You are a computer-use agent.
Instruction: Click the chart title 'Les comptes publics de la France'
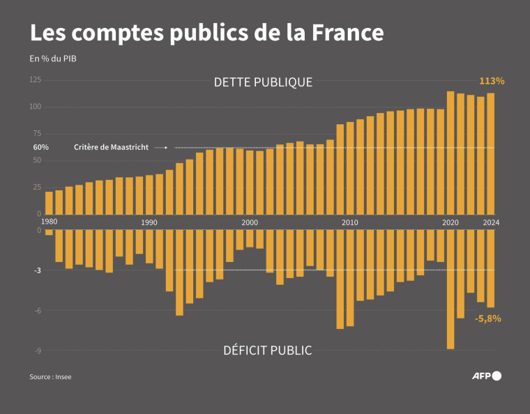pos(206,33)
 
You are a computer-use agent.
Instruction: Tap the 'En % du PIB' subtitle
pos(53,59)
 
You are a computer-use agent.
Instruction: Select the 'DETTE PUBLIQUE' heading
pos(263,82)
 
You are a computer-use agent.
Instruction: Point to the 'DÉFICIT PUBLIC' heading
pos(267,350)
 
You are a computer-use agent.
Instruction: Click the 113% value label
pos(491,81)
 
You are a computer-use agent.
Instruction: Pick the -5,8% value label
pos(487,319)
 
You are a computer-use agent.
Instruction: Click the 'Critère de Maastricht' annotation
pos(111,148)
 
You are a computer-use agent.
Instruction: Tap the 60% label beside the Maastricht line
pos(40,148)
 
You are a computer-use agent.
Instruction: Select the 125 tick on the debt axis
pos(35,80)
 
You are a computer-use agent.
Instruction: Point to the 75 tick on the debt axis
pos(37,134)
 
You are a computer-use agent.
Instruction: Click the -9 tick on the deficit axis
pos(38,351)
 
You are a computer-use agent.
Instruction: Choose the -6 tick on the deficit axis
pos(38,310)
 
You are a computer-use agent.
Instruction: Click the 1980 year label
pos(49,222)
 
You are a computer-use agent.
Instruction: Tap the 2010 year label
pos(350,222)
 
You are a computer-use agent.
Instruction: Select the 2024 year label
pos(490,222)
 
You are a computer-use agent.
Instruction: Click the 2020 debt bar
pos(450,153)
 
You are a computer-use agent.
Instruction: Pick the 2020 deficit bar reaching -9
pos(450,289)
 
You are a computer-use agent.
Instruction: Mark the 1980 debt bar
pos(49,202)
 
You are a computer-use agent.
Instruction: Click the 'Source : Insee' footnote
pos(50,377)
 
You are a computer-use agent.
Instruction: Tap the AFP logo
pos(486,376)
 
